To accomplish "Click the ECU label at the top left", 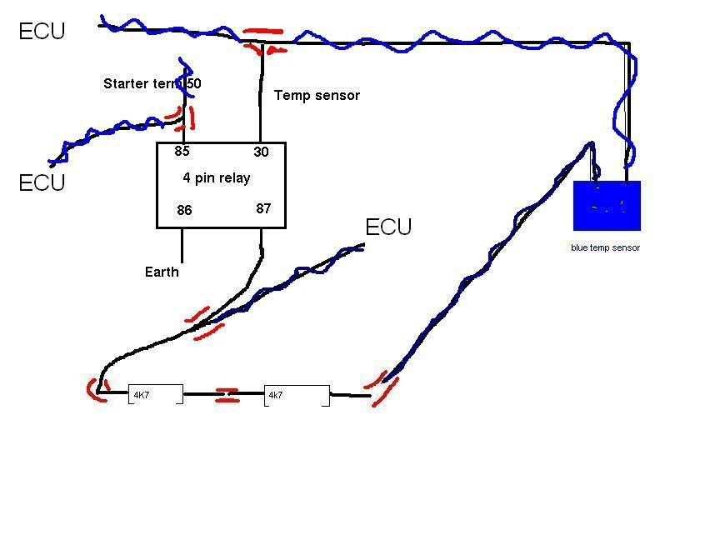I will [42, 32].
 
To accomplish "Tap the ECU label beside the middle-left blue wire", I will [42, 182].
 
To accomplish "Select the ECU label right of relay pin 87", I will [388, 227].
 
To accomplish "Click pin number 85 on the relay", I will [182, 152].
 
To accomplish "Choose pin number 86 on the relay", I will [184, 210].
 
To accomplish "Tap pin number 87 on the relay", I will [263, 208].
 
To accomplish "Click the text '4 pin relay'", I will [216, 178].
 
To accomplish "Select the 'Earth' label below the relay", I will [162, 272].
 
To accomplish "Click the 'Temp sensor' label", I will [317, 96].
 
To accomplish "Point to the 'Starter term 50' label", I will [152, 84].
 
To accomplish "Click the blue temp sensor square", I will [607, 205].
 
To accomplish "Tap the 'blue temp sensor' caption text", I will [605, 248].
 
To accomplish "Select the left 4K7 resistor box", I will [155, 395].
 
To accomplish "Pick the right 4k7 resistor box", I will [297, 395].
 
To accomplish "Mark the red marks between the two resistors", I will [227, 395].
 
